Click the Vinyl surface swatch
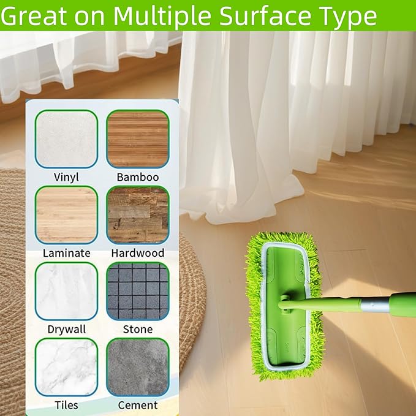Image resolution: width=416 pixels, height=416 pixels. tap(66, 138)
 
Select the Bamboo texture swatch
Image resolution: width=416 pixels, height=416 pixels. tap(137, 138)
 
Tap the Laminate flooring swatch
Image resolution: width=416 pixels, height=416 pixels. tap(66, 215)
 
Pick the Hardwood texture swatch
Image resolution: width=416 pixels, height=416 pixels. tap(137, 215)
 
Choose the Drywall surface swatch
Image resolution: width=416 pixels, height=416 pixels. tap(66, 291)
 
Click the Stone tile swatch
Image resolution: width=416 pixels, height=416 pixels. tap(137, 291)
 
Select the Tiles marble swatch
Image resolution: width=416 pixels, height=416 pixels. tap(66, 367)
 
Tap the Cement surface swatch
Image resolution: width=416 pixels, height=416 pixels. tap(137, 367)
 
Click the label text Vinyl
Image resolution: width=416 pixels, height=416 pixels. tap(67, 177)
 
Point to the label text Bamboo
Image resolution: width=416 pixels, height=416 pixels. tap(138, 177)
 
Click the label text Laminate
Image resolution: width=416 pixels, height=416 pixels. tap(67, 252)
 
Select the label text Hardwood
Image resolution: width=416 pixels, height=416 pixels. tap(138, 252)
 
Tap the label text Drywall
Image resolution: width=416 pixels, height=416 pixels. tap(67, 329)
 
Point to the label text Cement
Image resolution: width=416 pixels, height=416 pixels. tap(138, 405)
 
